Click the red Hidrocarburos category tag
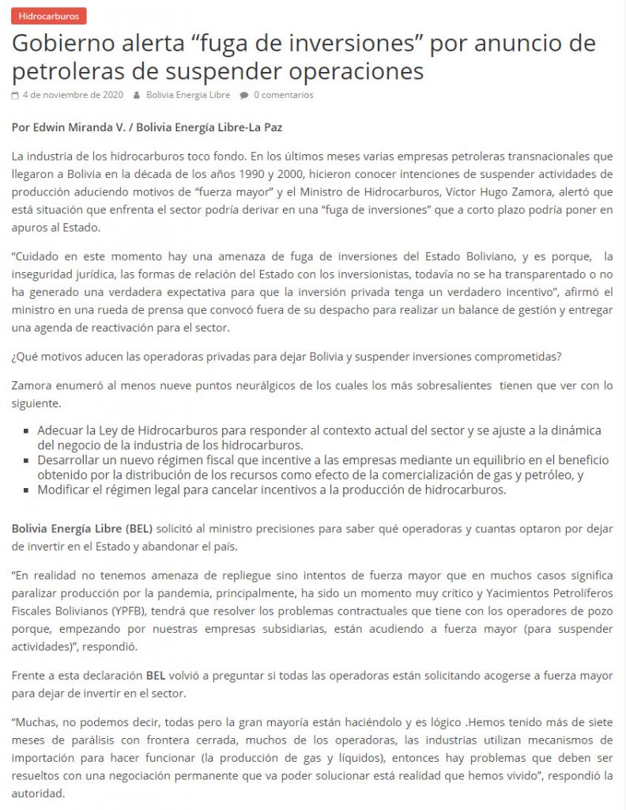[49, 16]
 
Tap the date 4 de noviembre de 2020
[73, 95]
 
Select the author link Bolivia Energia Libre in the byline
[188, 95]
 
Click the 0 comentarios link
[283, 95]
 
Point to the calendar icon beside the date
[16, 95]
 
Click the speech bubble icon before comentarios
[244, 95]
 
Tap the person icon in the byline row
[138, 95]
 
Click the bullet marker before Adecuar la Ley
[29, 432]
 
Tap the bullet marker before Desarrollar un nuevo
[29, 460]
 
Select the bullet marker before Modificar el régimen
[29, 490]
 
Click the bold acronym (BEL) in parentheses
[139, 528]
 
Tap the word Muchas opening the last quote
[36, 723]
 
